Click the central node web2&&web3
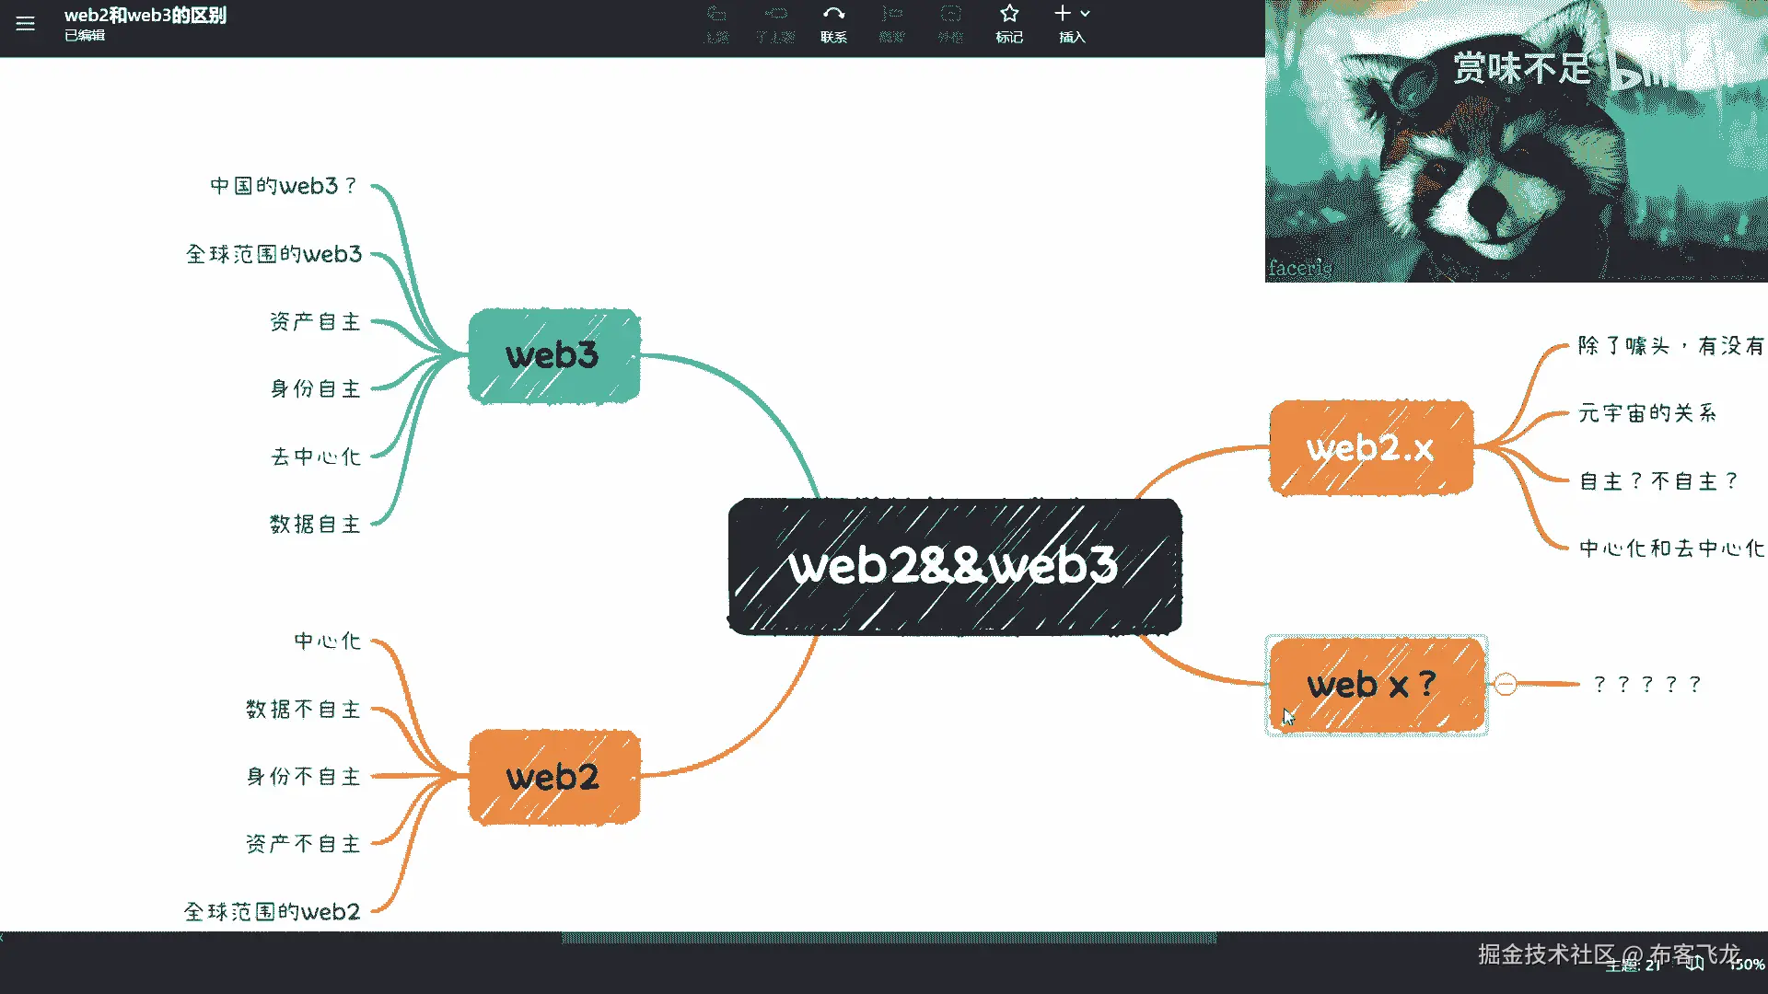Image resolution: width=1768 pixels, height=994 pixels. (954, 566)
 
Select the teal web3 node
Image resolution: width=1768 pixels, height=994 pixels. (553, 356)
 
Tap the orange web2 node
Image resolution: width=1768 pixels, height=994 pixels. (553, 777)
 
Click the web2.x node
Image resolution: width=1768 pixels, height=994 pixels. (1370, 448)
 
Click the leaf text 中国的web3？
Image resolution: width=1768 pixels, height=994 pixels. (284, 186)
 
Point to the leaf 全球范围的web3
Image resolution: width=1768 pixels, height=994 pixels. (273, 254)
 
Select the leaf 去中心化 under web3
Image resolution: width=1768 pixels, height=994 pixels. (315, 457)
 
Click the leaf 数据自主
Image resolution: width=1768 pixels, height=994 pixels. (315, 525)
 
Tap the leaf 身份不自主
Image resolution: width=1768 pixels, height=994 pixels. (303, 777)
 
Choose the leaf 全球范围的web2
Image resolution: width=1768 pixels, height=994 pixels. (272, 912)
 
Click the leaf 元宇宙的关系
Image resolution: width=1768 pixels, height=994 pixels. (1647, 413)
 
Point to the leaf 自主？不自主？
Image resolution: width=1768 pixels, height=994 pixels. (1658, 481)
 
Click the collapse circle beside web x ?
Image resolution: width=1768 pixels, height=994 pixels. (1506, 684)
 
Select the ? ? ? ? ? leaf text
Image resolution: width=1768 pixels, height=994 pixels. (1647, 684)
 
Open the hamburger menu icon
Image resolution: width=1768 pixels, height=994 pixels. (25, 24)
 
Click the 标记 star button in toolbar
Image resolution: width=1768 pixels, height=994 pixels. (1009, 23)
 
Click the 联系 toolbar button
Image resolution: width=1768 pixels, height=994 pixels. (833, 23)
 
